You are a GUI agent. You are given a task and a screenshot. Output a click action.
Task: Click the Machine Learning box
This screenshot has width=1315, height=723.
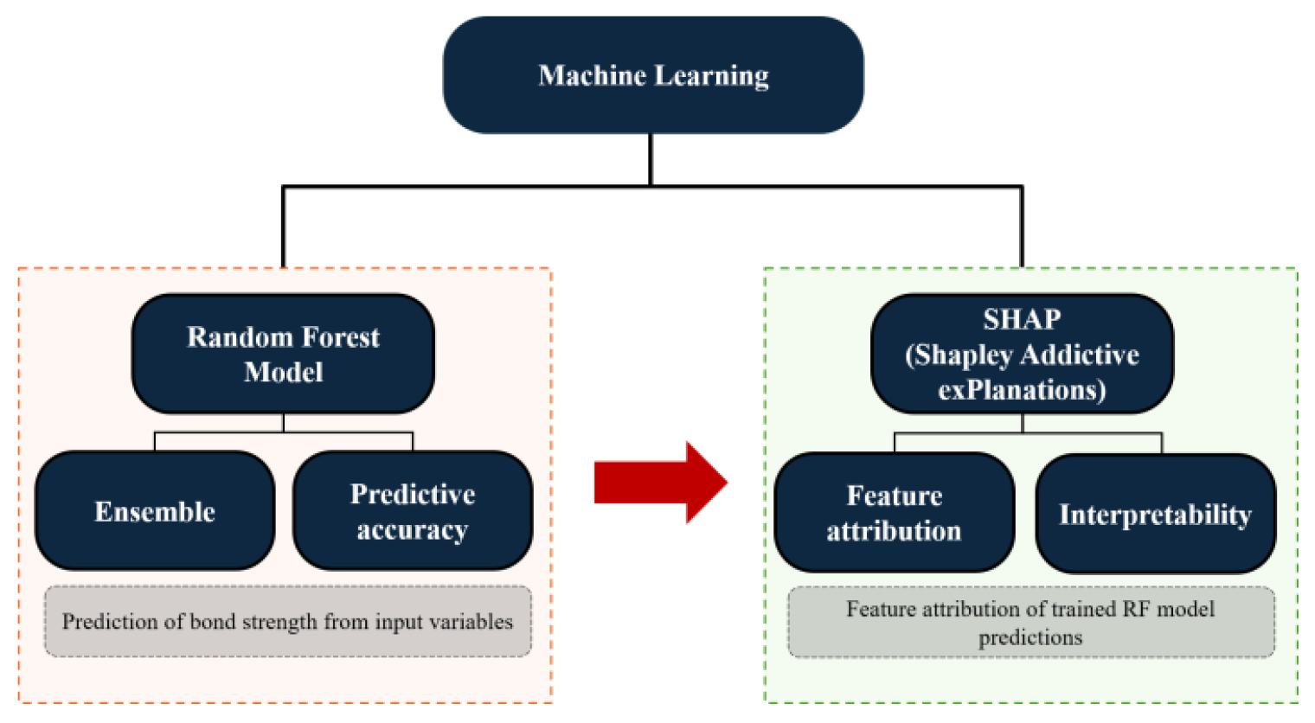tap(653, 75)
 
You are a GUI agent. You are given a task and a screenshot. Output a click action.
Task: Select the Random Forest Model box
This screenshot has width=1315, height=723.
tap(283, 354)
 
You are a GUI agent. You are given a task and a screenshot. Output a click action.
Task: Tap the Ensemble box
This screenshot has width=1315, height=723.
tap(155, 511)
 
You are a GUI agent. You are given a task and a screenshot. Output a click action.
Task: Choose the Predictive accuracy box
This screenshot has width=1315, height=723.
tap(413, 511)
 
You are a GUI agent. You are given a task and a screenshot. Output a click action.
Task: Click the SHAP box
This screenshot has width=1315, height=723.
tap(1022, 354)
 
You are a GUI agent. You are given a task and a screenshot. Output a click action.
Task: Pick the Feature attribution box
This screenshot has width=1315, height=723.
tap(894, 513)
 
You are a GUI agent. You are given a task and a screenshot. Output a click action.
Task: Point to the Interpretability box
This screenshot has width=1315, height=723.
tap(1155, 515)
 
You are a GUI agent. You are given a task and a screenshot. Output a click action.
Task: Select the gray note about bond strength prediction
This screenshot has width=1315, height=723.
tap(287, 622)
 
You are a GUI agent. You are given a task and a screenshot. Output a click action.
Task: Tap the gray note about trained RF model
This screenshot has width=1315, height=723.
tap(1030, 623)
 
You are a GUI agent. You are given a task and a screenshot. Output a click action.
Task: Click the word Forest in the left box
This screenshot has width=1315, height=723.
tap(339, 336)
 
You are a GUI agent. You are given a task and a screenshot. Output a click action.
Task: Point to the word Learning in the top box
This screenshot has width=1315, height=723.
tap(711, 76)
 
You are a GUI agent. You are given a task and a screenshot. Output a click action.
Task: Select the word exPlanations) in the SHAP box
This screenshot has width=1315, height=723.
tap(1022, 390)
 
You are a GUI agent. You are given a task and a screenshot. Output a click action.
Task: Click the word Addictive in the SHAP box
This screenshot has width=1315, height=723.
tap(1081, 355)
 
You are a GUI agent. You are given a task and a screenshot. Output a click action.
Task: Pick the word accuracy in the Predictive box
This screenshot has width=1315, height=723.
tap(413, 529)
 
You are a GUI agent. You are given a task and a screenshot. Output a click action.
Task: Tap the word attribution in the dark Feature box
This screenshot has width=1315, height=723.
tap(894, 531)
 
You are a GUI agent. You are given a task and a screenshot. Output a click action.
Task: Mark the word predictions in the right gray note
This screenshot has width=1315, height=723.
tap(1030, 637)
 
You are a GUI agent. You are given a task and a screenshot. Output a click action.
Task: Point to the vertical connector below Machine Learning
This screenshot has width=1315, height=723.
tap(651, 159)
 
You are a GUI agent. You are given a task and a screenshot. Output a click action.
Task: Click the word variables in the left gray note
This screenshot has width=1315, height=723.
tap(476, 622)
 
